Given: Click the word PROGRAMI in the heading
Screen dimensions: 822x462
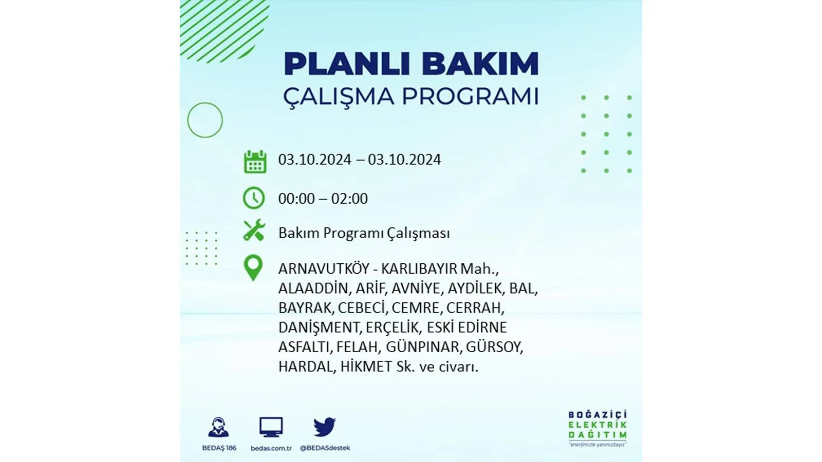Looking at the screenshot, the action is (x=471, y=96).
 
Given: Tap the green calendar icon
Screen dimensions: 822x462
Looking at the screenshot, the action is (x=255, y=161).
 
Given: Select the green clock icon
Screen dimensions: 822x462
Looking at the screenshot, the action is (x=254, y=198).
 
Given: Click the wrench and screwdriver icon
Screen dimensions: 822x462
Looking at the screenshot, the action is (x=254, y=230).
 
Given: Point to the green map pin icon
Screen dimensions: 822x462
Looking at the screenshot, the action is (x=253, y=267).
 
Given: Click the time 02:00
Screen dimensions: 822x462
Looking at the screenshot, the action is (x=349, y=199).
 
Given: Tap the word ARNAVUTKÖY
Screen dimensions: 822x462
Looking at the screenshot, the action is (x=324, y=269).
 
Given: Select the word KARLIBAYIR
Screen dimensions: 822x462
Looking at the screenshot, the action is (x=419, y=269).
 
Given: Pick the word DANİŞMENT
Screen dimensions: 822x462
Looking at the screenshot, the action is (x=319, y=328).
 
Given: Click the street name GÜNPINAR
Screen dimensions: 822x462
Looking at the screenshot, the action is (x=422, y=347).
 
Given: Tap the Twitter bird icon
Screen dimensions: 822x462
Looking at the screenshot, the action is (x=324, y=427).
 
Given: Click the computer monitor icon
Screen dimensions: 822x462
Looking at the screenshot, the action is (x=271, y=427).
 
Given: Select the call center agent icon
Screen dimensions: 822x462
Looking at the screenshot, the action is (x=218, y=427).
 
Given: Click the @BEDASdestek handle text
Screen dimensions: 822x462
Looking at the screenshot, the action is (x=325, y=448).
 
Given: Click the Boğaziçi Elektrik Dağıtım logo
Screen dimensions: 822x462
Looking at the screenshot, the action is (x=598, y=429).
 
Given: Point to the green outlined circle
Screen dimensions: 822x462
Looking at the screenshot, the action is (x=188, y=120).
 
